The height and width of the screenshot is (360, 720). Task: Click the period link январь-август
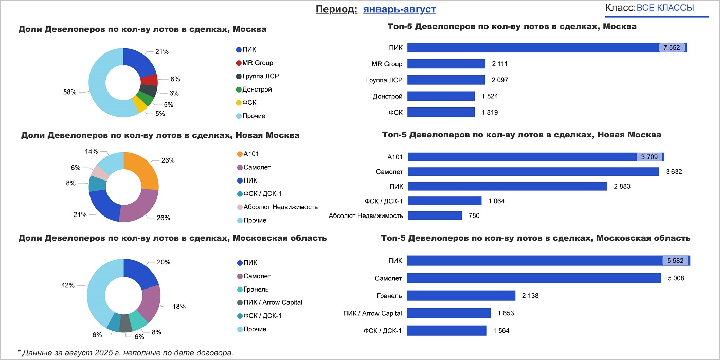[x=399, y=9]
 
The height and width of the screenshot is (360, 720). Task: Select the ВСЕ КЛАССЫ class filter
[x=665, y=8]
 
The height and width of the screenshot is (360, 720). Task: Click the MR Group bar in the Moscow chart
[x=446, y=64]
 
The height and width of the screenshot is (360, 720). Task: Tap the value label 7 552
[x=672, y=48]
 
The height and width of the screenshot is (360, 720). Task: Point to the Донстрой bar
[x=441, y=96]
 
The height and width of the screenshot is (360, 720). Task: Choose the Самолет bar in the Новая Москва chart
[x=533, y=171]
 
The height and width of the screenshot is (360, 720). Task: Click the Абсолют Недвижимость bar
[x=435, y=215]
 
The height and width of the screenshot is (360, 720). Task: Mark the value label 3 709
[x=649, y=157]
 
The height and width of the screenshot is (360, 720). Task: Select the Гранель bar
[x=461, y=295]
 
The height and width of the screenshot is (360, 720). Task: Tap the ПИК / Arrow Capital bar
[x=449, y=313]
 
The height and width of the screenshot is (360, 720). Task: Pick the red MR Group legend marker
[x=239, y=63]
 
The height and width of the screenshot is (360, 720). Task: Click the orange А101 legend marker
[x=239, y=154]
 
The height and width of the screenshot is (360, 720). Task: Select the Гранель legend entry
[x=256, y=289]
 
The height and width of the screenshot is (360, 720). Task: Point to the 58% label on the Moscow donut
[x=70, y=92]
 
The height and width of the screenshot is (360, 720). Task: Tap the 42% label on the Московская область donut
[x=68, y=285]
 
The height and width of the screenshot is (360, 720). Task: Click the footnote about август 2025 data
[x=125, y=353]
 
